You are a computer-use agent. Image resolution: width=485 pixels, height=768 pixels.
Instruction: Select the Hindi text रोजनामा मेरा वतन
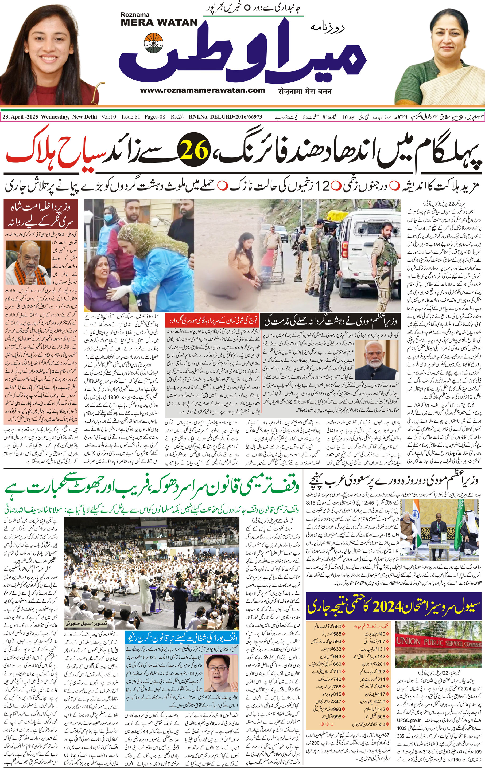[300, 91]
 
